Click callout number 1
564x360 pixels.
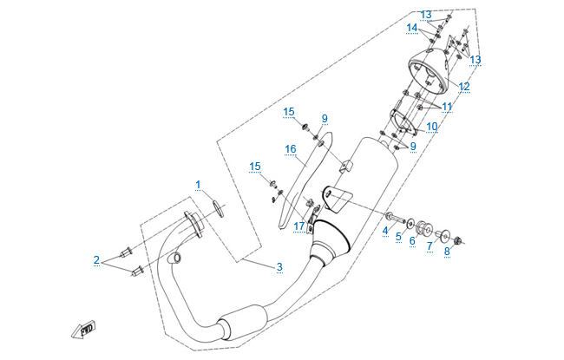pos(198,185)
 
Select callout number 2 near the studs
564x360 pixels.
pos(96,259)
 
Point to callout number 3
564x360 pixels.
pos(279,266)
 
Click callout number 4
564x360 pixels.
pos(385,230)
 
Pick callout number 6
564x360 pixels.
pos(412,240)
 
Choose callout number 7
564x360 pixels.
pos(429,246)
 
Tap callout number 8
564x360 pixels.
pos(447,252)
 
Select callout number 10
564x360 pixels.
pos(431,127)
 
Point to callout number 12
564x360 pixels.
pos(464,87)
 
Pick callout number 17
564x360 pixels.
pos(298,226)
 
